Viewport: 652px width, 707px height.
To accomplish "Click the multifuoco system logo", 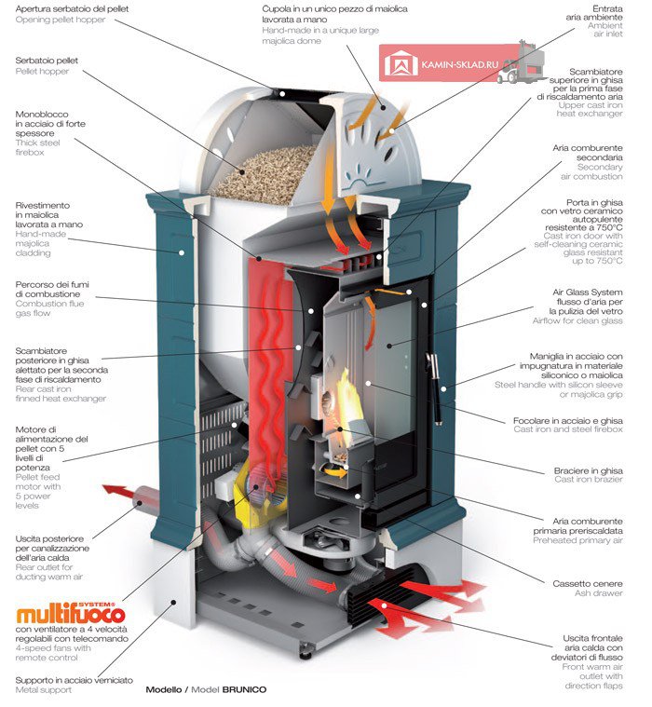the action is [71, 612].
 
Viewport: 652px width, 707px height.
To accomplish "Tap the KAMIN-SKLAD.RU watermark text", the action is [460, 64].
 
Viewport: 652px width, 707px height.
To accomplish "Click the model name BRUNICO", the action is [244, 689].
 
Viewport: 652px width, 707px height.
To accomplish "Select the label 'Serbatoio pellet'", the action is [47, 61].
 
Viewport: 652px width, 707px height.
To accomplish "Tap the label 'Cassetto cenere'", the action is [587, 583].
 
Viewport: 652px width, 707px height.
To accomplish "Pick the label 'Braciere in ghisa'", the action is [588, 470].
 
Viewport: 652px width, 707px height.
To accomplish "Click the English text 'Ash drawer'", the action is [598, 593].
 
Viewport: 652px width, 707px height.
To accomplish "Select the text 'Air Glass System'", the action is [587, 292].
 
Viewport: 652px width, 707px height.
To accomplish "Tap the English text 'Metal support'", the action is [43, 690].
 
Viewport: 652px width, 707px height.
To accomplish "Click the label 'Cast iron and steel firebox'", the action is [567, 429].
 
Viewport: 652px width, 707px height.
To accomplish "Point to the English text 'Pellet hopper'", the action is [42, 71].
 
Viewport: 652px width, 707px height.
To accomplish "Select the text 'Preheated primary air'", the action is [577, 540].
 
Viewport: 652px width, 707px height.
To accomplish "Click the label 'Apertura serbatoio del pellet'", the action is [72, 9].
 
